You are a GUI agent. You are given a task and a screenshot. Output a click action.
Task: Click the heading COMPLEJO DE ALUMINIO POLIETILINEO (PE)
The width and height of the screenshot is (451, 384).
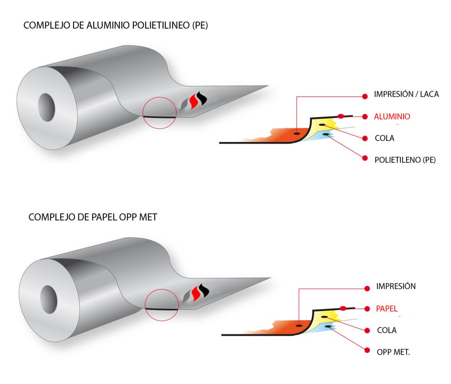(115, 26)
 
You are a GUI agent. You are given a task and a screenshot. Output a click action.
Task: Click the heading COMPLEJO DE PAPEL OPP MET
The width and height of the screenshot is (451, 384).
(92, 217)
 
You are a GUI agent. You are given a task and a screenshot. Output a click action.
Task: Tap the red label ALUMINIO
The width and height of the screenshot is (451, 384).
(392, 117)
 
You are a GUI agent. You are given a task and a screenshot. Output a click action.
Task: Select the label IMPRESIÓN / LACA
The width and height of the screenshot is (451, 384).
(406, 94)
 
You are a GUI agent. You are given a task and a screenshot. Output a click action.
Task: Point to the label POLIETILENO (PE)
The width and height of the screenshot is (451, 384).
(405, 160)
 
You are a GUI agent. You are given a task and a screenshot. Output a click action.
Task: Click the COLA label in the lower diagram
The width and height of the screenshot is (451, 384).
(387, 330)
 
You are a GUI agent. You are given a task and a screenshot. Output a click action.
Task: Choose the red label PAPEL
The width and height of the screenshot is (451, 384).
(386, 309)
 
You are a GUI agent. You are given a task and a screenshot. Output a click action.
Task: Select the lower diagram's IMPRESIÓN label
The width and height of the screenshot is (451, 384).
(396, 286)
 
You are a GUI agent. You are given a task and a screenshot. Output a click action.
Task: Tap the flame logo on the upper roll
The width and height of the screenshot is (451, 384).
(194, 103)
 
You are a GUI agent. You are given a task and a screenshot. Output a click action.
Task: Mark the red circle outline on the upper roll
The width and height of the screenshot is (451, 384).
(160, 97)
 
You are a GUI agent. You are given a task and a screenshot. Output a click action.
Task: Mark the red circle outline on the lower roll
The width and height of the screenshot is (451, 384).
(162, 289)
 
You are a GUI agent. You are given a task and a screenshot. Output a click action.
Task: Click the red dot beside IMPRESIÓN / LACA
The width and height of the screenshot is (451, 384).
(365, 95)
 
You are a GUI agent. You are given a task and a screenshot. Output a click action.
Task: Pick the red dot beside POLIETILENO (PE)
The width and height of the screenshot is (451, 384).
(364, 158)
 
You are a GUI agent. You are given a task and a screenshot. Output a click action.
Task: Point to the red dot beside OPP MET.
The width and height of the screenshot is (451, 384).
(366, 350)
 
